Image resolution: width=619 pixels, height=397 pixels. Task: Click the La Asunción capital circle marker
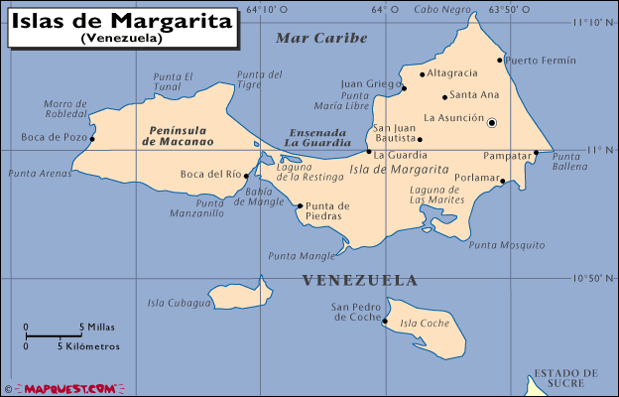click(491, 122)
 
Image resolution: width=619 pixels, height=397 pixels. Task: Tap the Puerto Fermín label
click(540, 60)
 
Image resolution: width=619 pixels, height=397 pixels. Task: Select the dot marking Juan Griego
click(404, 88)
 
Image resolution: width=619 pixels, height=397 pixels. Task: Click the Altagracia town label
click(451, 73)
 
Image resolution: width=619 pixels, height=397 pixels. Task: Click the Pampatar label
click(507, 156)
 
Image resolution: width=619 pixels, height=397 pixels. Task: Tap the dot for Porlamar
click(503, 181)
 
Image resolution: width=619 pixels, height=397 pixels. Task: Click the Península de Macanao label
click(179, 135)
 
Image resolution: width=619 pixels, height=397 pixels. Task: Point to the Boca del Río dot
click(247, 176)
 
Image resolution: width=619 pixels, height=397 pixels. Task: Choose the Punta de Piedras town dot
click(300, 206)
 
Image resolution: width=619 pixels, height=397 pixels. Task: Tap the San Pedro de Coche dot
click(385, 321)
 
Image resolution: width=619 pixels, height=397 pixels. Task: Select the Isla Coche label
click(425, 324)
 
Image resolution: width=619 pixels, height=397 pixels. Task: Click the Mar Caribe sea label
click(321, 39)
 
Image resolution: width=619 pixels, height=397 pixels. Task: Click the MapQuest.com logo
click(66, 388)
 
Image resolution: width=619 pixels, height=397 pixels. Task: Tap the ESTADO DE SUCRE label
click(565, 378)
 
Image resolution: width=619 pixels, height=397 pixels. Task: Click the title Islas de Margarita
click(122, 20)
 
